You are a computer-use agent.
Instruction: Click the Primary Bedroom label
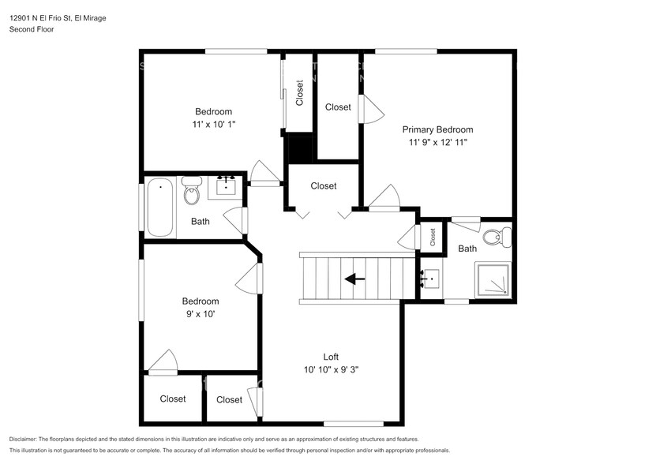click(x=437, y=129)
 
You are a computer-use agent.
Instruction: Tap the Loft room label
click(x=331, y=357)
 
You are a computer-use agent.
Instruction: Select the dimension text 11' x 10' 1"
click(x=214, y=124)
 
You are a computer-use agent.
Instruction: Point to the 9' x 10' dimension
click(x=201, y=314)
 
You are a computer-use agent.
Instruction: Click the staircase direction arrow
click(x=354, y=279)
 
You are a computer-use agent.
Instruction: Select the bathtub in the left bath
click(x=160, y=207)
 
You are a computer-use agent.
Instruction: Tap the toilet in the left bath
click(x=192, y=190)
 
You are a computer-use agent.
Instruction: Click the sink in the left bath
click(x=226, y=185)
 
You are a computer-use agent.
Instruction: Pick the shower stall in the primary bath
click(x=493, y=279)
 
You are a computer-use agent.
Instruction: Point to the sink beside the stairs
click(x=430, y=279)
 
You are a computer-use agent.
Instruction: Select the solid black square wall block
click(x=298, y=149)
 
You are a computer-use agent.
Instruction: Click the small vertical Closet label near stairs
click(x=433, y=237)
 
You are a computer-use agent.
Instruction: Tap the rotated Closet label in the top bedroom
click(x=299, y=93)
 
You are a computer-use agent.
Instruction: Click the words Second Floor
click(x=32, y=29)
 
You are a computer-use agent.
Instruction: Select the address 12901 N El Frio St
click(x=40, y=18)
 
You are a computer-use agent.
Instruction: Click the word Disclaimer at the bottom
click(x=23, y=440)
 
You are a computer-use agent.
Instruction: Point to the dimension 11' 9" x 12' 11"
click(x=437, y=142)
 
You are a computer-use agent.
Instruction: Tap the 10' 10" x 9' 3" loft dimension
click(x=331, y=369)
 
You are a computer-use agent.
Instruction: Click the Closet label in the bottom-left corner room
click(x=173, y=399)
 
